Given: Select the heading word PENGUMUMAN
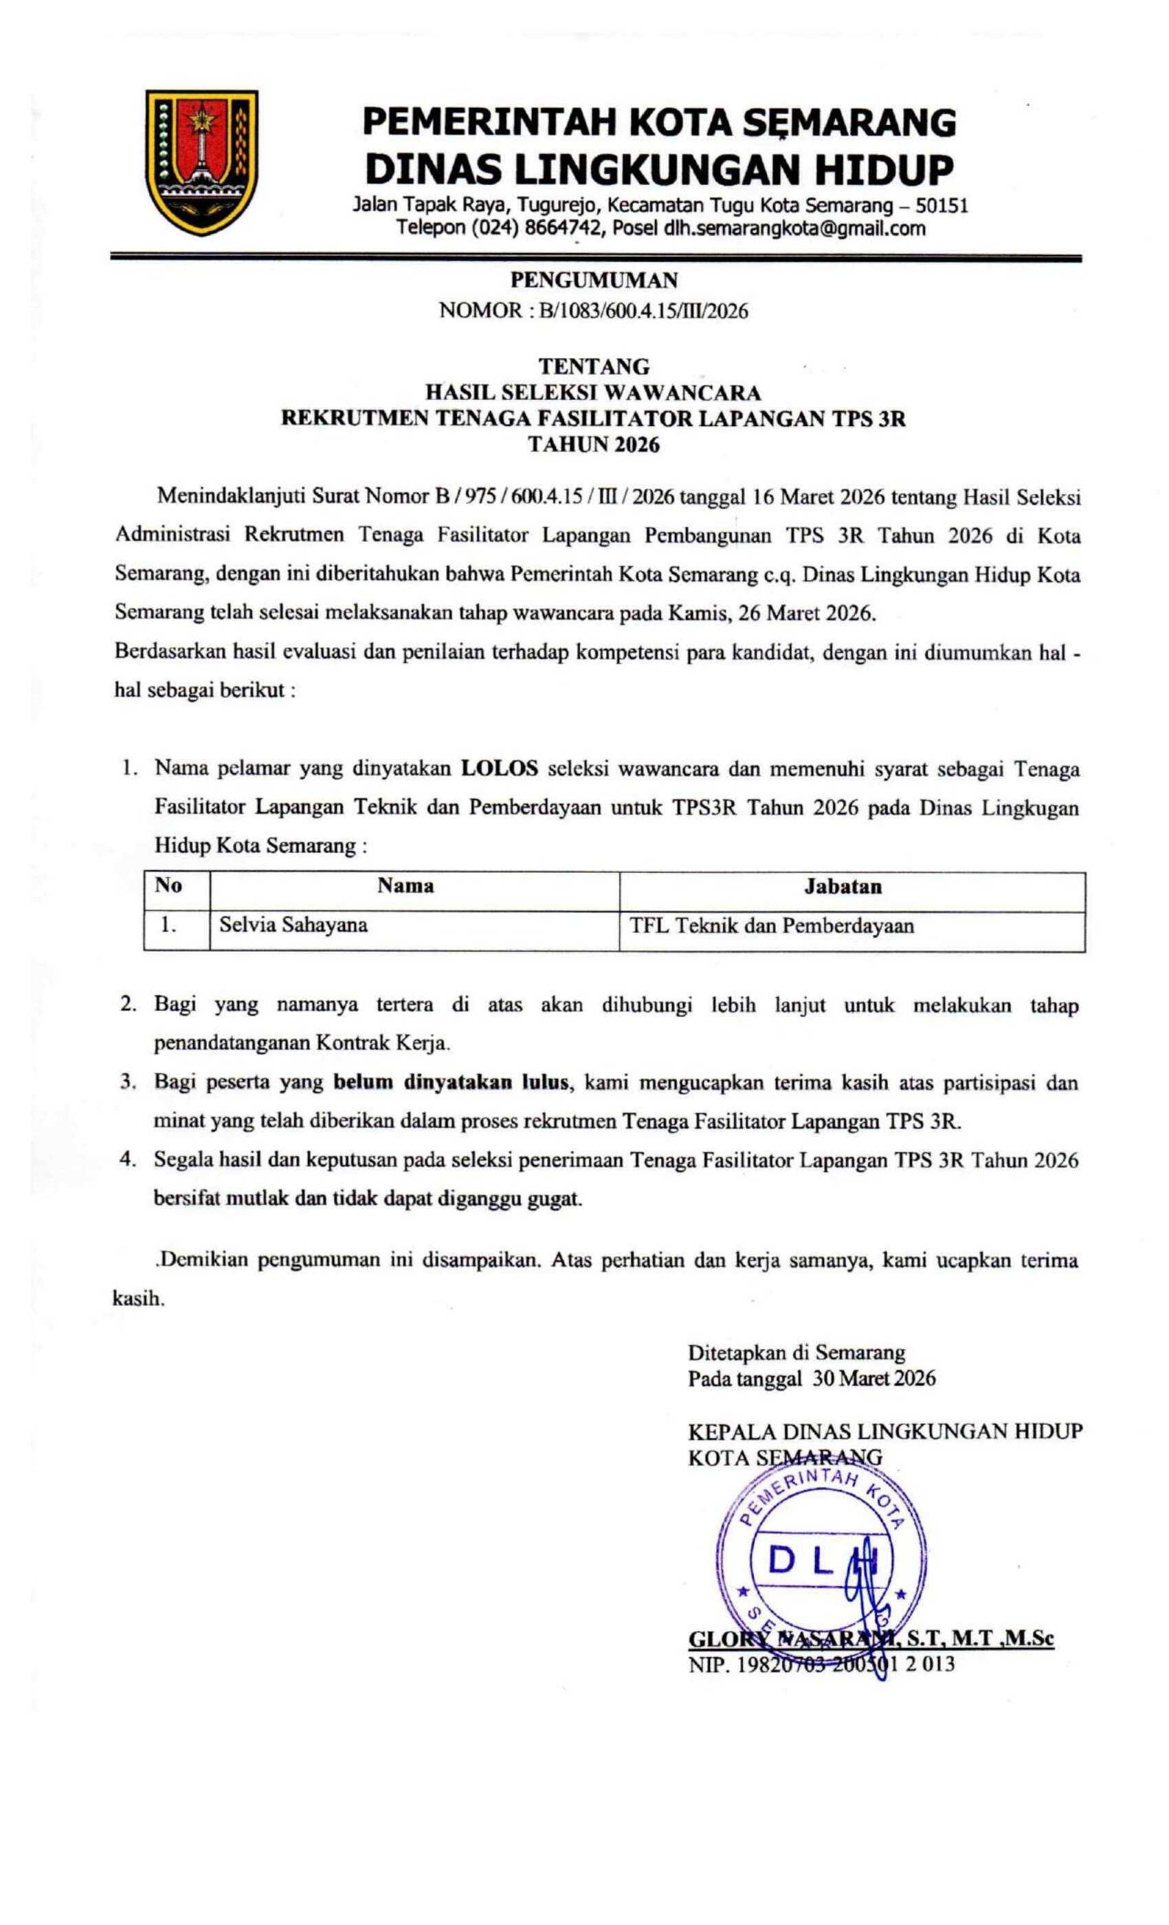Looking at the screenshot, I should click(594, 280).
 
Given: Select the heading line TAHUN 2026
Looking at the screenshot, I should click(594, 445).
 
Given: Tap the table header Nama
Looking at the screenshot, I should click(405, 886).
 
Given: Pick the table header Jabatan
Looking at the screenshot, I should click(843, 887).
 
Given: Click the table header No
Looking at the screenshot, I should click(168, 886).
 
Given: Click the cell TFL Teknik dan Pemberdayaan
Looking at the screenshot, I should click(772, 926).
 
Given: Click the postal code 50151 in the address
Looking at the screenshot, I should click(942, 206).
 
